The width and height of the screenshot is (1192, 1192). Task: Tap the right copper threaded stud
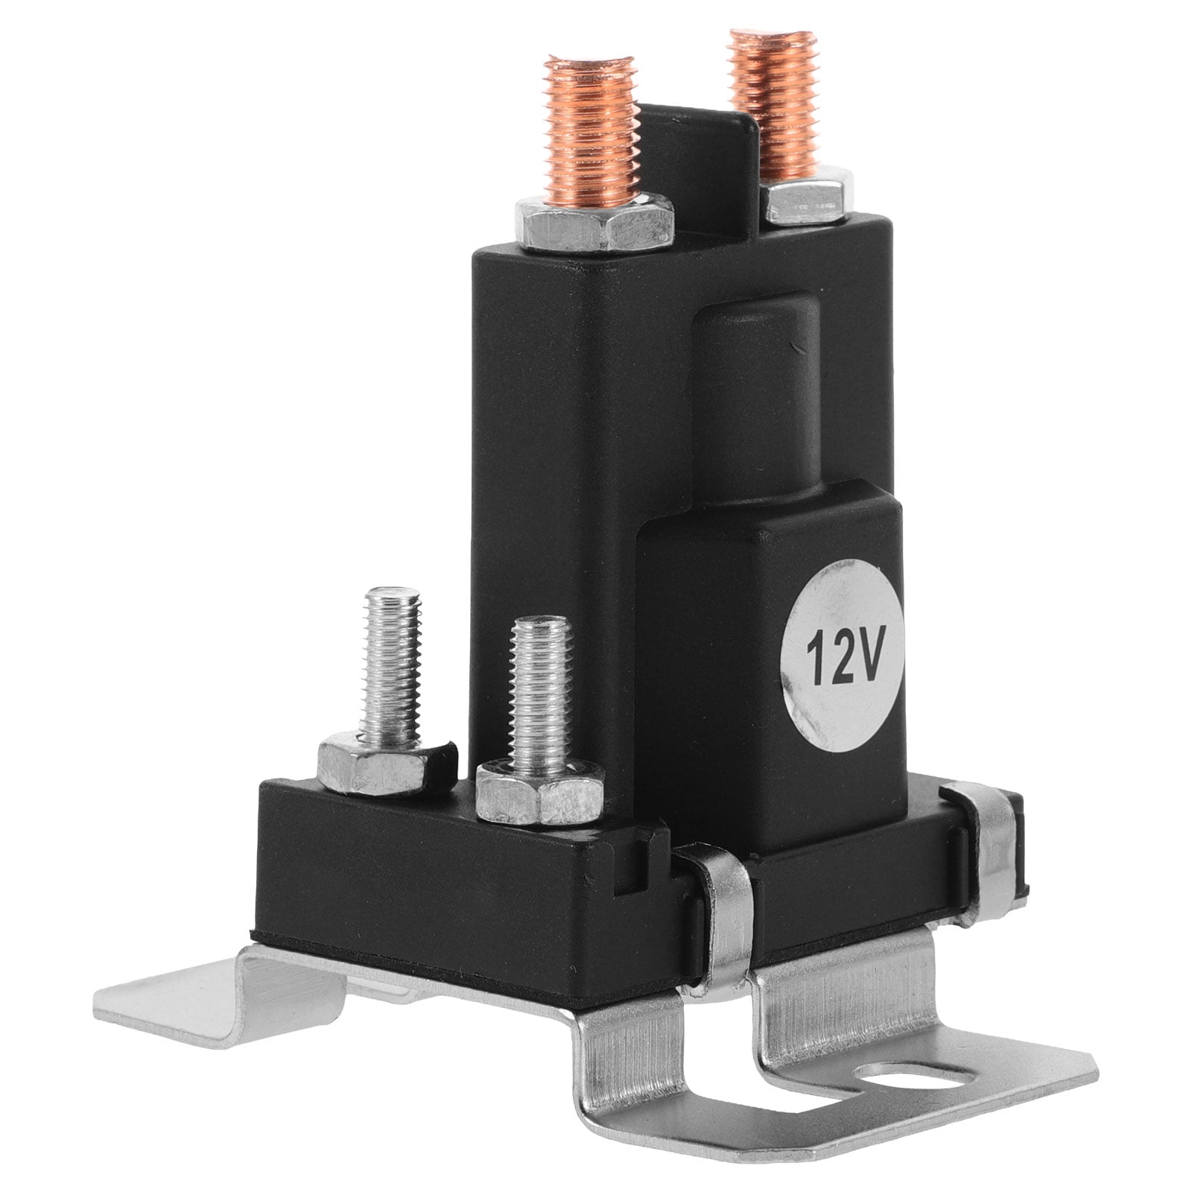775,104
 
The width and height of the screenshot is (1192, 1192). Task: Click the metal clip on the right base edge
995,857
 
